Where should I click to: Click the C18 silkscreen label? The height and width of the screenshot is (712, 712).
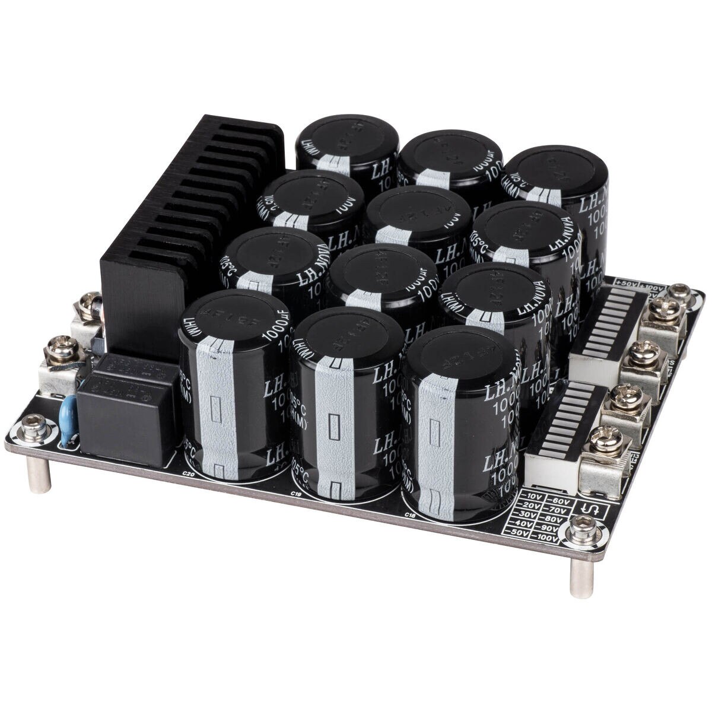click(x=409, y=514)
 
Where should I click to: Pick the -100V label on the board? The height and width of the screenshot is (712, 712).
click(x=546, y=539)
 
